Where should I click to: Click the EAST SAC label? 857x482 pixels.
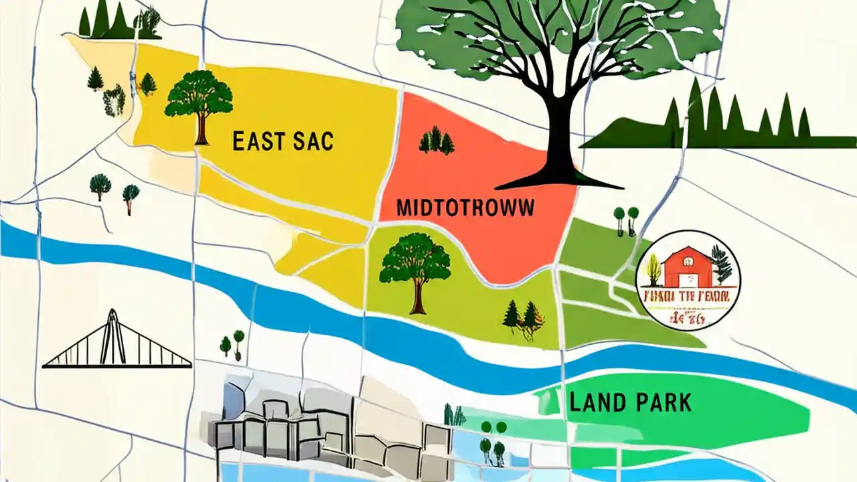coord(283,141)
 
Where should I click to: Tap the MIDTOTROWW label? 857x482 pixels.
coord(465,208)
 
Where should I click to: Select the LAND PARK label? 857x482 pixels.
coord(630,402)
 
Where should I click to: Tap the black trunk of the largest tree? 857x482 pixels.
coord(561,134)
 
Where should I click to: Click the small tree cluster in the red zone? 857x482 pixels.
coord(436,141)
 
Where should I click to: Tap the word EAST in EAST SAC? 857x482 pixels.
coord(256,141)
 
